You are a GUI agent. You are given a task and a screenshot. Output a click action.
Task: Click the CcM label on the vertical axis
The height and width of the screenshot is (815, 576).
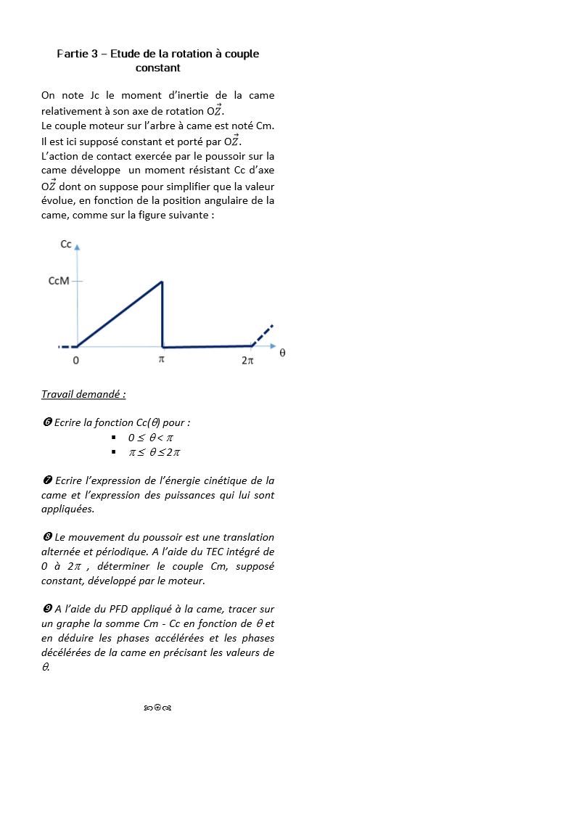pos(59,281)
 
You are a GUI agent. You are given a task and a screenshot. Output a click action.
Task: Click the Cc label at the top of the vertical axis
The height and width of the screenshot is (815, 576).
pos(65,245)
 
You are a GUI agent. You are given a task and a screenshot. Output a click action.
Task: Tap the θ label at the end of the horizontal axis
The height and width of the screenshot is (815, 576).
pos(282,353)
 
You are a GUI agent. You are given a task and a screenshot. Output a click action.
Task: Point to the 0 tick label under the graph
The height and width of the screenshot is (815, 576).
pos(76,360)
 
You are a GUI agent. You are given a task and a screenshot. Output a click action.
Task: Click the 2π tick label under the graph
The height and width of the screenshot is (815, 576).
pos(247,360)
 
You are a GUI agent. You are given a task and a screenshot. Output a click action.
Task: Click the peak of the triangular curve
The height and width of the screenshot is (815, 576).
pos(161,282)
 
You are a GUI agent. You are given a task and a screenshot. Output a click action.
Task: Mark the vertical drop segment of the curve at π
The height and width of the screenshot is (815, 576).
pos(162,316)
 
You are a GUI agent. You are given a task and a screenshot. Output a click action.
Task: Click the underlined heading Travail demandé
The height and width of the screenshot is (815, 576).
pos(83,394)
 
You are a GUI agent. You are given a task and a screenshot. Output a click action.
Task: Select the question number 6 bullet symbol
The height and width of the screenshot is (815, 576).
pos(46,422)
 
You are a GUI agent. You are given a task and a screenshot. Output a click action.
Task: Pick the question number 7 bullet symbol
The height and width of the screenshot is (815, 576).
pos(46,480)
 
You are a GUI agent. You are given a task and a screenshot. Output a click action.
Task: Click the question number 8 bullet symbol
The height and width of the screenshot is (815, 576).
pos(46,537)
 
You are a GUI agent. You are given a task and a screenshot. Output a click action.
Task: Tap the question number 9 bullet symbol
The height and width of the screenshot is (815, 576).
pos(46,609)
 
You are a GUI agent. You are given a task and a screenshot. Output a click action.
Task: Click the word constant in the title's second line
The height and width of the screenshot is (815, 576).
pos(157,67)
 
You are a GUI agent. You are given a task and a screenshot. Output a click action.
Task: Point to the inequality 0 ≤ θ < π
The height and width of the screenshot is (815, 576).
pos(151,438)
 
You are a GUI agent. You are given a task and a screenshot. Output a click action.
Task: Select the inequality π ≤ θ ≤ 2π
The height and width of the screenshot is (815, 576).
pos(154,452)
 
